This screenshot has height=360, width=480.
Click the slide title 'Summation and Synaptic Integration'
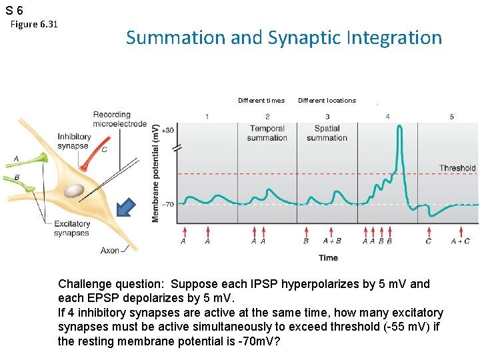pos(283,38)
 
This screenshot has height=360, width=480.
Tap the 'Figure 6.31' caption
pos(35,25)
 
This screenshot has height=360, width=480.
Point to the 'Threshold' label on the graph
pos(457,168)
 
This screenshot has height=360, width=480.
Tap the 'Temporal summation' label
pos(267,133)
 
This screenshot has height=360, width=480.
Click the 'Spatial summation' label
pos(327,133)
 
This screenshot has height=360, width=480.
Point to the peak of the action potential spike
pos(398,128)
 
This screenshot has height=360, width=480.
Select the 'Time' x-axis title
pos(328,257)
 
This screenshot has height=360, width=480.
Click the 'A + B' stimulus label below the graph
pos(331,241)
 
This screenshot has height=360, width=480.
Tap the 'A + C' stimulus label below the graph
pos(460,241)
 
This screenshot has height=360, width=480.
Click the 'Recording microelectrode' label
pos(120,119)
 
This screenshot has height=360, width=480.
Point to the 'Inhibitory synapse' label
pos(73,141)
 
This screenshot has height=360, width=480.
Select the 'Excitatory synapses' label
pos(71,229)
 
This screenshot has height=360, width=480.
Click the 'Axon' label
pos(110,251)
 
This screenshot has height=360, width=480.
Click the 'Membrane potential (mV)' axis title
pos(155,173)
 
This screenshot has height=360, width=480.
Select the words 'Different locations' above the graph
pos(327,101)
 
